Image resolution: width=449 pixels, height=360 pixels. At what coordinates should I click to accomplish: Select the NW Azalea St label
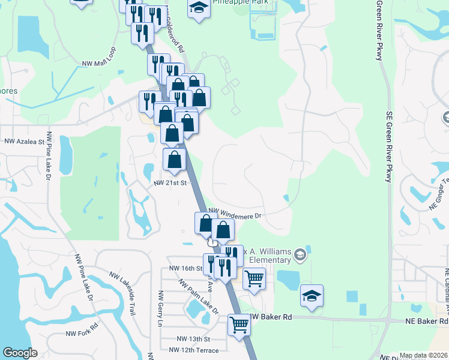pos(25,142)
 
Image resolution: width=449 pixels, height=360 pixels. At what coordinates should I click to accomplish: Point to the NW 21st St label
pos(171,182)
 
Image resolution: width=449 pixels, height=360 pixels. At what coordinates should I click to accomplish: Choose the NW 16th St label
pos(185,269)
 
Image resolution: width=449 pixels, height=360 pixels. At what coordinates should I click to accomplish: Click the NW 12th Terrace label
pos(190,350)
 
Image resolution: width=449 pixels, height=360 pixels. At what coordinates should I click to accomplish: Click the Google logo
pos(20,353)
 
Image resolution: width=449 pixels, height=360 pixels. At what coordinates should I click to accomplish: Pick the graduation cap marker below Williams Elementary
pos(312,295)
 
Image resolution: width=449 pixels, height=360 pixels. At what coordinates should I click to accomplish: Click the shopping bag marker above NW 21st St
pos(174,160)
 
